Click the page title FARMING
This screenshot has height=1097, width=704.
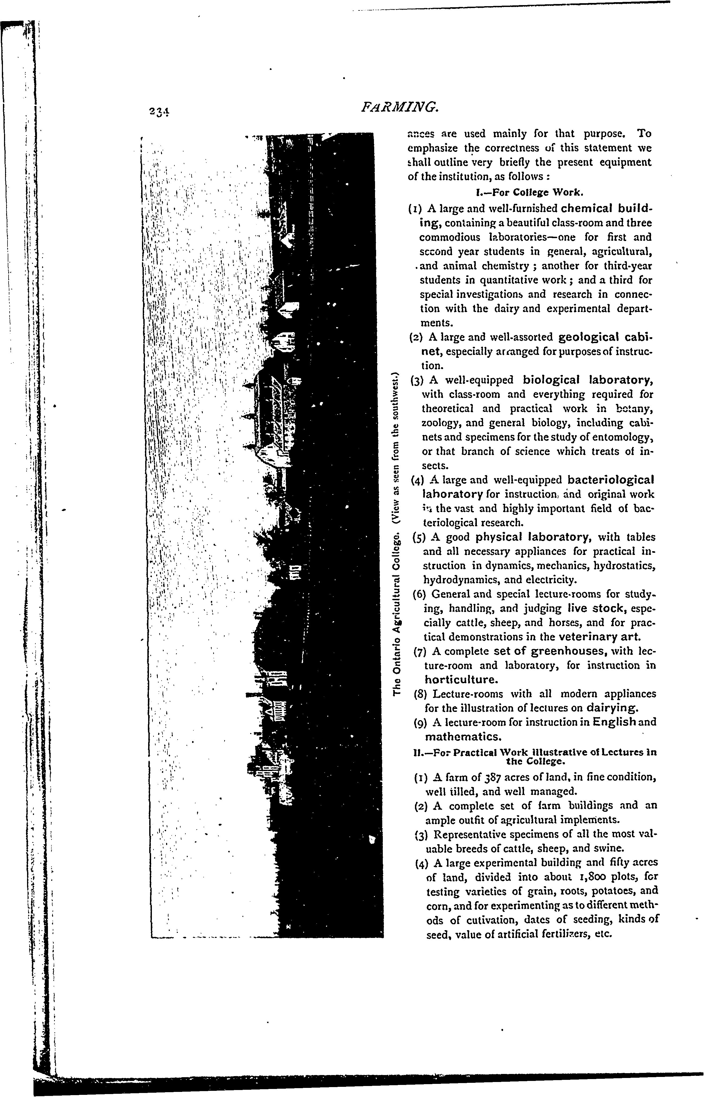coord(400,107)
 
